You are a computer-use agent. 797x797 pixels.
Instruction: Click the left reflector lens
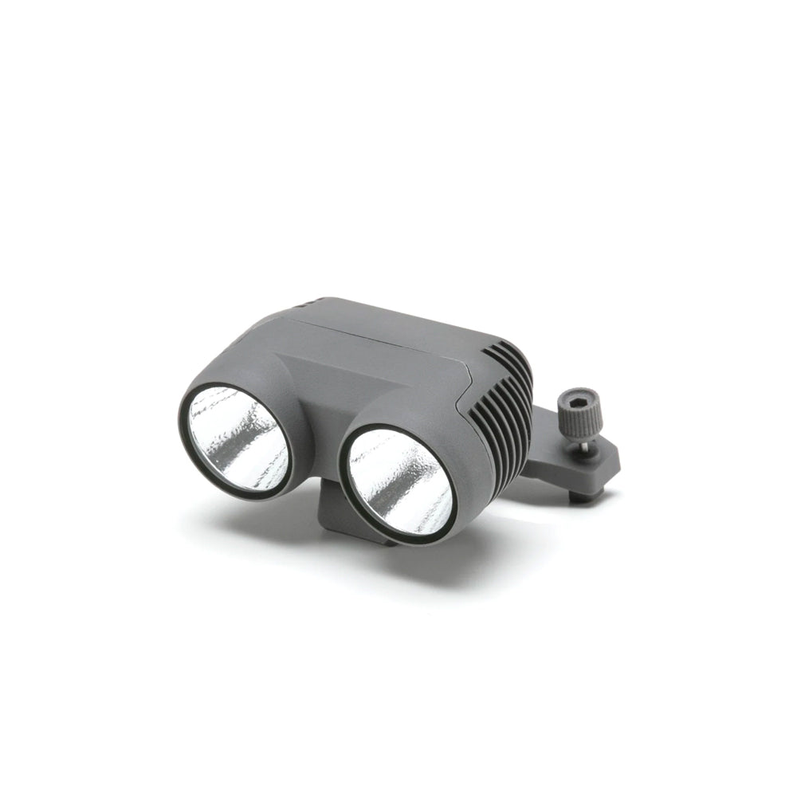click(238, 439)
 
